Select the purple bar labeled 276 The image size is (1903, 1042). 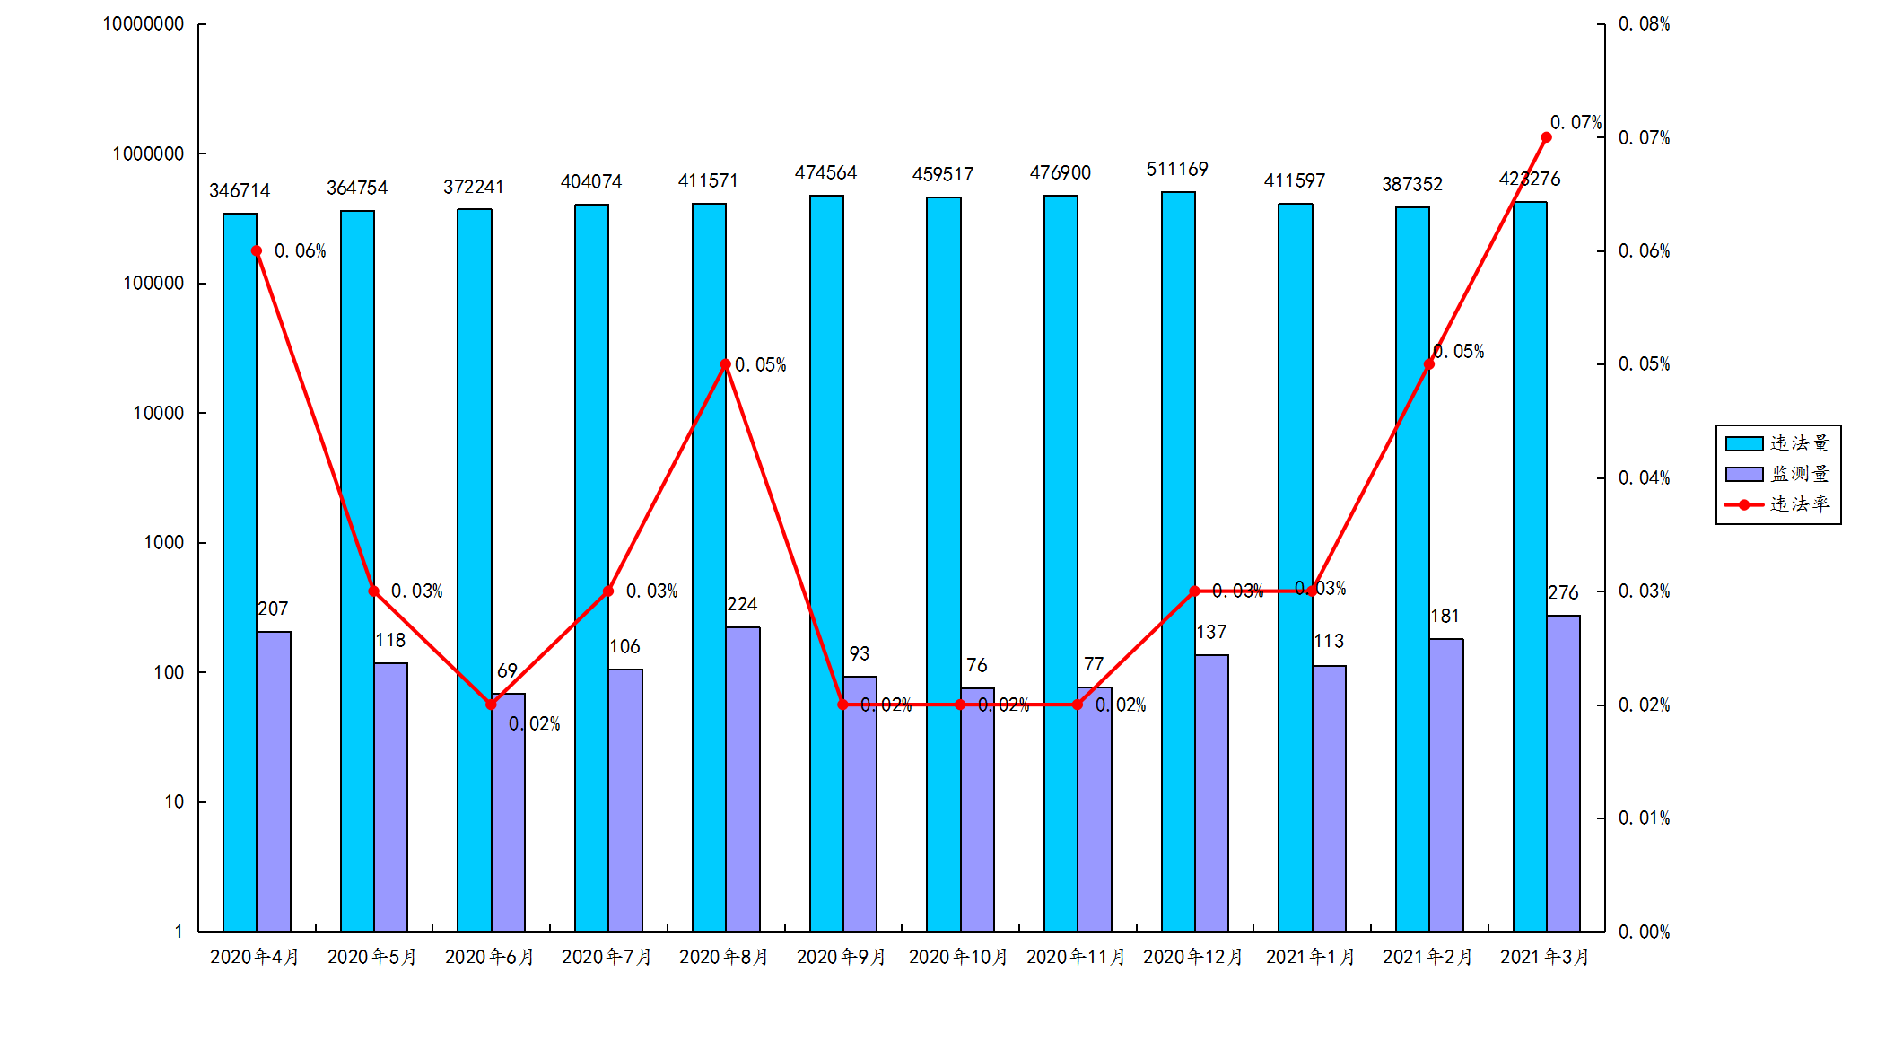click(1563, 773)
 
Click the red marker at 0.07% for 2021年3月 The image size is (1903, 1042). click(1546, 137)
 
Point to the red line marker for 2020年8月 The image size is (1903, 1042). click(726, 364)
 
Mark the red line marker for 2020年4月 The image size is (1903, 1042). click(257, 251)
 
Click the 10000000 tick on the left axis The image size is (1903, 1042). click(144, 24)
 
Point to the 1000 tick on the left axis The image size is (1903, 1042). click(163, 543)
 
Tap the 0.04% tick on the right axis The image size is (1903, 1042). click(1644, 478)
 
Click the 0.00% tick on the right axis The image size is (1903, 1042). click(1644, 933)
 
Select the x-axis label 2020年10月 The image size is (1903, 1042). click(958, 958)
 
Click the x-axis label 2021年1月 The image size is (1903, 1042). click(1310, 958)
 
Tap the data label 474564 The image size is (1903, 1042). click(825, 172)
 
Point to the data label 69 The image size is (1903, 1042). click(507, 671)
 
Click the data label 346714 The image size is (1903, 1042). click(240, 190)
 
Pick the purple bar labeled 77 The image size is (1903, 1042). click(1095, 809)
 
